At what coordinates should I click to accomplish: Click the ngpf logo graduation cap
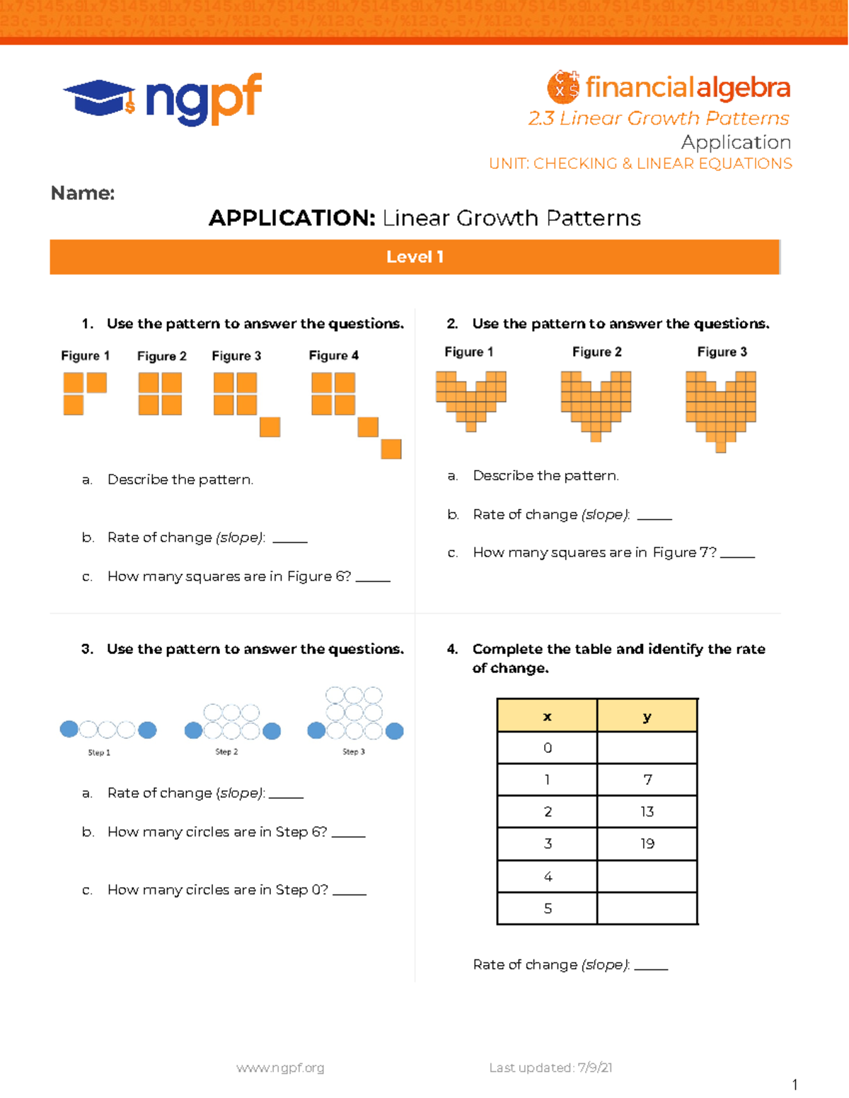[99, 98]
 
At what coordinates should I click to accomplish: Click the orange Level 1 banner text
[415, 257]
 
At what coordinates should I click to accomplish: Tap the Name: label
[83, 193]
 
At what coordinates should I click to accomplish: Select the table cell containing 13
[647, 812]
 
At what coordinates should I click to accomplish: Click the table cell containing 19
[647, 843]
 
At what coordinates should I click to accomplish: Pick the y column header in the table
[647, 716]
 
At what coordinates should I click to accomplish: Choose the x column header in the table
[547, 716]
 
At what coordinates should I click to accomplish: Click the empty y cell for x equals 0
[647, 748]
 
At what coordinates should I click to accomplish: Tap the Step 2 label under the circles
[226, 752]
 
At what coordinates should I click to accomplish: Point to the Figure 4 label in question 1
[333, 356]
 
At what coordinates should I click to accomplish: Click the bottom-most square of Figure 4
[391, 449]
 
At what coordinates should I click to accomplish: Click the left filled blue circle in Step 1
[69, 729]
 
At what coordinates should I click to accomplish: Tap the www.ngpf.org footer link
[280, 1068]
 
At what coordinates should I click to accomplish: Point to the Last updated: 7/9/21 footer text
[550, 1068]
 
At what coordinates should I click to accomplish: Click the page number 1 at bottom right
[795, 1085]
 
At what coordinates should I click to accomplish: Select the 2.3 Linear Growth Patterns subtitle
[658, 118]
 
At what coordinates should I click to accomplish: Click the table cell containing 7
[647, 780]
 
